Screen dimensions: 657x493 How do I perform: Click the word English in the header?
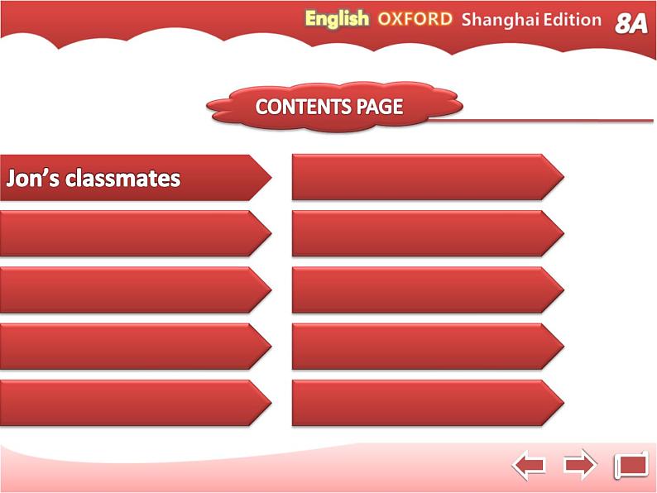[x=337, y=20]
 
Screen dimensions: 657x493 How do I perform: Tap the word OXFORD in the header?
[x=415, y=19]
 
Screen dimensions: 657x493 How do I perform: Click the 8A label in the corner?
[x=631, y=23]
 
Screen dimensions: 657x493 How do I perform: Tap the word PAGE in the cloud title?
[x=380, y=107]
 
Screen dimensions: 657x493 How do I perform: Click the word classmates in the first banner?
[x=122, y=178]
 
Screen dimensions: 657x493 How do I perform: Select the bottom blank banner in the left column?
[x=136, y=403]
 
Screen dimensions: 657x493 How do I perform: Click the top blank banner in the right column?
[x=428, y=177]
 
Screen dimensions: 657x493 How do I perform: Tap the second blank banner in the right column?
[x=428, y=233]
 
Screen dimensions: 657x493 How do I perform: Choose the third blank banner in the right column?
[x=428, y=290]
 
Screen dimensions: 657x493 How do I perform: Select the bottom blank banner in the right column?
[x=428, y=403]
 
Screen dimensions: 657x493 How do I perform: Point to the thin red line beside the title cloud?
[x=540, y=120]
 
